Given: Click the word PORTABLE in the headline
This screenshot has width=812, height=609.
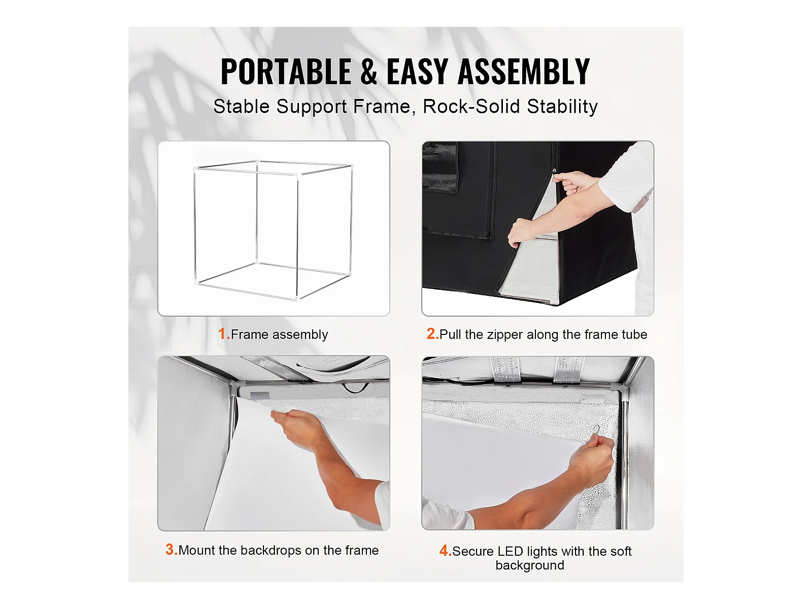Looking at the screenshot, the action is tap(286, 72).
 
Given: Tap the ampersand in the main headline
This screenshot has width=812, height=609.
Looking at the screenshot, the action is tap(368, 72).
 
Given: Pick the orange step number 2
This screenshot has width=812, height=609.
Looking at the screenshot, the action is tap(432, 333).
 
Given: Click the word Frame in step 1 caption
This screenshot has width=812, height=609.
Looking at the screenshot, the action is tap(249, 334).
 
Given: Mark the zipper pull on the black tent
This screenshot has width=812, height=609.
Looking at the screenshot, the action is tap(554, 172).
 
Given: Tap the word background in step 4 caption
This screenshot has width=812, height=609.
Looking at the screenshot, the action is tap(530, 565).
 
